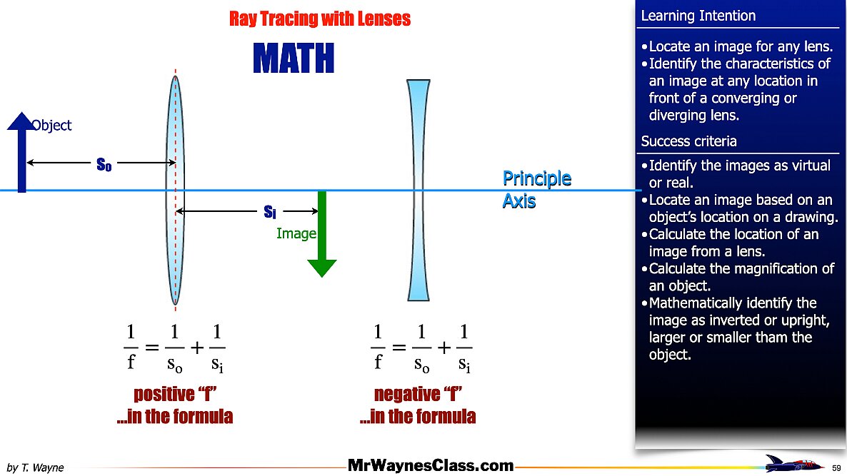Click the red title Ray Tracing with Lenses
(x=320, y=19)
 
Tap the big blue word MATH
(x=294, y=59)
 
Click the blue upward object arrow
(x=21, y=152)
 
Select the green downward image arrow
(x=322, y=233)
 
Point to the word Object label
(x=51, y=125)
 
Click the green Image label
(x=296, y=233)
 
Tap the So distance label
(x=104, y=164)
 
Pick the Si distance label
(x=269, y=211)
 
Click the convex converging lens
(x=175, y=190)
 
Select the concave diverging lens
(x=418, y=190)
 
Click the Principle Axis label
(x=536, y=189)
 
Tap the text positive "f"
(x=175, y=394)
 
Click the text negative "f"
(x=418, y=394)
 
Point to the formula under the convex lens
(x=174, y=348)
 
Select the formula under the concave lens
(x=421, y=348)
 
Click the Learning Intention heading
(x=698, y=16)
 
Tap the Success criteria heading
(x=688, y=141)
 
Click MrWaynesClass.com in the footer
(x=431, y=465)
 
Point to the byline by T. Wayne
(x=35, y=467)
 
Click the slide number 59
(x=836, y=468)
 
